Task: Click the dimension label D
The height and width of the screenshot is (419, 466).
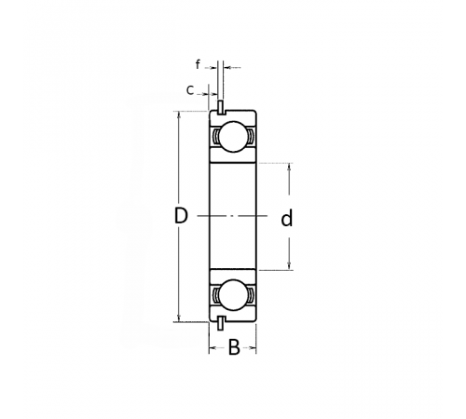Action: tap(181, 216)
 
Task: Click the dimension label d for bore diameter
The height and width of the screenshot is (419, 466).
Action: tap(287, 218)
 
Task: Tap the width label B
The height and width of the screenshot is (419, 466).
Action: tap(234, 347)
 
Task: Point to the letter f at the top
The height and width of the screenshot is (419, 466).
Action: tap(198, 64)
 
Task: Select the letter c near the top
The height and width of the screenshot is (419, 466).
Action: tap(190, 90)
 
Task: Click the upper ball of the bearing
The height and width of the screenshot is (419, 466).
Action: tap(234, 137)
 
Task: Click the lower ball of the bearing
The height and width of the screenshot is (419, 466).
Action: tap(234, 295)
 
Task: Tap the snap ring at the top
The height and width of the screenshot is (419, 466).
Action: tap(220, 107)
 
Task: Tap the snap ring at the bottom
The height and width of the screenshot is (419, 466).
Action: tap(220, 323)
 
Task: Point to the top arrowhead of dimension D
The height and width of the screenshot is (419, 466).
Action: tap(179, 115)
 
